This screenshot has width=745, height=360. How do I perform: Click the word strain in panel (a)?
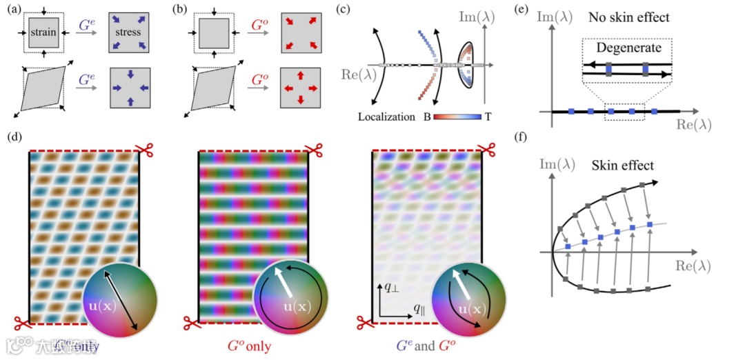click(43, 32)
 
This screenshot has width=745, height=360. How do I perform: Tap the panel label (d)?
click(13, 137)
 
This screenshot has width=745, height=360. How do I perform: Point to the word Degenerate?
click(626, 49)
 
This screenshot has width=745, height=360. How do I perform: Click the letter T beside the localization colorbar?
click(488, 117)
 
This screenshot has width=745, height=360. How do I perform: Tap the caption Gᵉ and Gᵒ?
click(424, 345)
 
